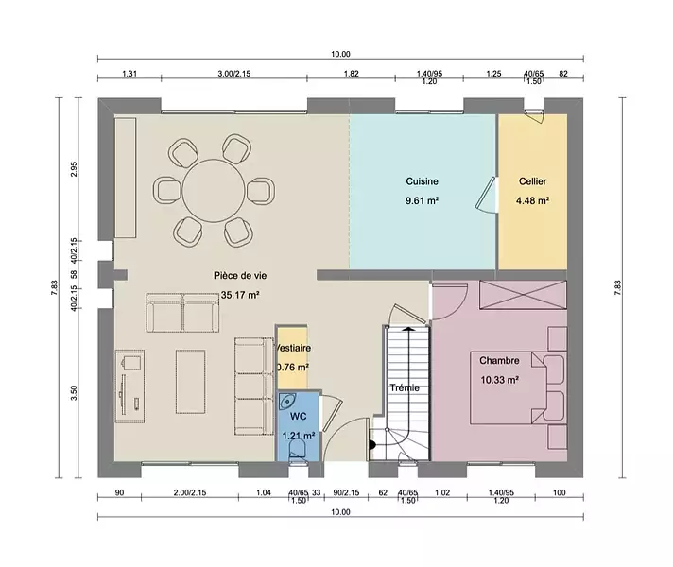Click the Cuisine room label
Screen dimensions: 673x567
point(422,181)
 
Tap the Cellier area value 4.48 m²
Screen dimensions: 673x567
point(533,200)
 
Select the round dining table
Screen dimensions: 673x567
point(214,191)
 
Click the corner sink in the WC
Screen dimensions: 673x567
point(286,402)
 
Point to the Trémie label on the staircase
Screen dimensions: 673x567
point(405,387)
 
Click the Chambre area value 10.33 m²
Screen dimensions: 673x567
point(500,380)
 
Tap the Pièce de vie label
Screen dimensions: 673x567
point(240,276)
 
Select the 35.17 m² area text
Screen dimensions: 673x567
point(240,295)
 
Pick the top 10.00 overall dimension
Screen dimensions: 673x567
point(340,54)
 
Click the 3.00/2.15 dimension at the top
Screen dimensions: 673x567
point(233,74)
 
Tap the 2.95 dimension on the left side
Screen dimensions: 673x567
point(74,169)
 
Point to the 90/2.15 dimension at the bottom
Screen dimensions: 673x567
point(346,492)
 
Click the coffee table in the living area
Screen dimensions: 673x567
point(191,382)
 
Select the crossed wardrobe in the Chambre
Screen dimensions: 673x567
point(523,295)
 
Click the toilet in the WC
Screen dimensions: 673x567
point(297,452)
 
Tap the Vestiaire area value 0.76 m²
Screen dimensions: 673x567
point(293,368)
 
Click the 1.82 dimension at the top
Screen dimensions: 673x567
point(351,74)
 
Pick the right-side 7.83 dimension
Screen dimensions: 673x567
point(617,287)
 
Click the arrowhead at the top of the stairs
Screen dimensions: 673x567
point(407,329)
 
